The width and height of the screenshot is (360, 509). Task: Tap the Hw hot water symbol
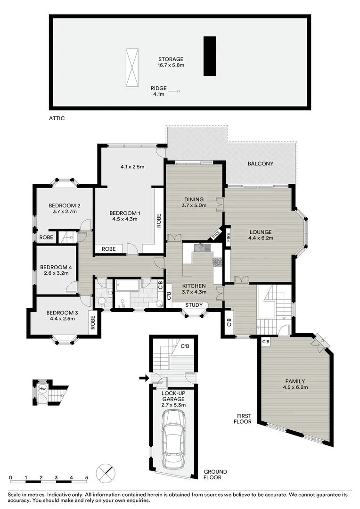[x=42, y=389]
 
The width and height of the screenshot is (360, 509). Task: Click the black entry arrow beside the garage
[x=143, y=377]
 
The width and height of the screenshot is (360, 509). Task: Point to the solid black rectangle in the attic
[x=210, y=56]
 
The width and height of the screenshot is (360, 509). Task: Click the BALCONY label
[x=261, y=164]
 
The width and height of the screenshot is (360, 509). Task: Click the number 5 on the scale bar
[x=87, y=477]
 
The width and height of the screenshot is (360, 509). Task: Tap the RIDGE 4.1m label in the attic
[x=158, y=91]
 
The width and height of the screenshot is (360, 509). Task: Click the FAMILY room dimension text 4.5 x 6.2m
[x=295, y=387]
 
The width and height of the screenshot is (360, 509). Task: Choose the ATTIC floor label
[x=57, y=118]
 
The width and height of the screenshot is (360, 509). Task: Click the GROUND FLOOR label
[x=215, y=475]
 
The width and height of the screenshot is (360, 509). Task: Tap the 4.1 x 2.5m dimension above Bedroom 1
[x=132, y=166]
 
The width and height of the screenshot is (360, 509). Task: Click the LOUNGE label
[x=261, y=232]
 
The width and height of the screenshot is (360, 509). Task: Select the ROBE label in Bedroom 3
[x=93, y=321]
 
